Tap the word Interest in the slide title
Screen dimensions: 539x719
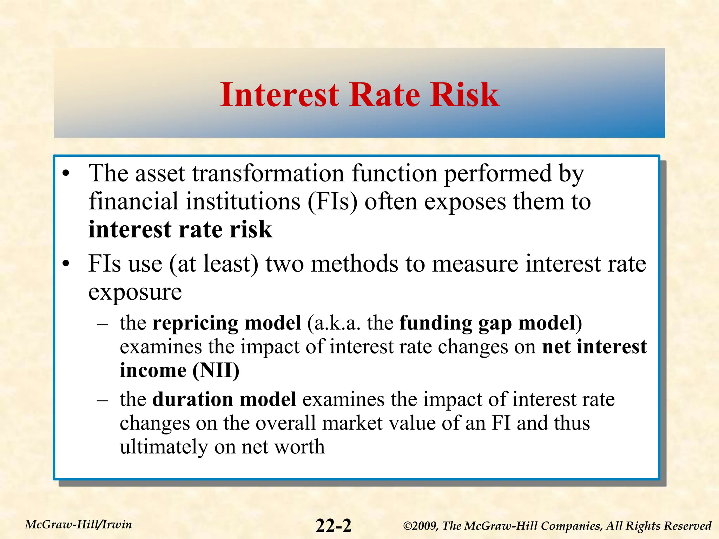pyautogui.click(x=279, y=95)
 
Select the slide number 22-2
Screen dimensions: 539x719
pyautogui.click(x=333, y=526)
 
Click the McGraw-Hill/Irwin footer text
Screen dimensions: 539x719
pyautogui.click(x=79, y=525)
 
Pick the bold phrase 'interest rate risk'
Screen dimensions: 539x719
pyautogui.click(x=180, y=230)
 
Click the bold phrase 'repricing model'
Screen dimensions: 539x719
pyautogui.click(x=226, y=323)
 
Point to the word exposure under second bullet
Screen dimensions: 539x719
pyautogui.click(x=135, y=292)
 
